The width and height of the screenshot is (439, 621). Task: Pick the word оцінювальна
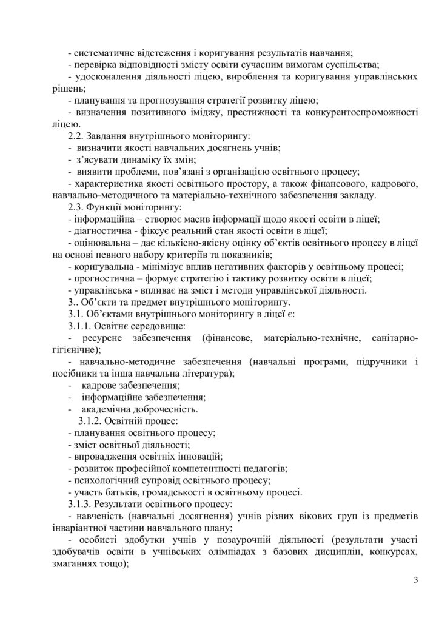(101, 243)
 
